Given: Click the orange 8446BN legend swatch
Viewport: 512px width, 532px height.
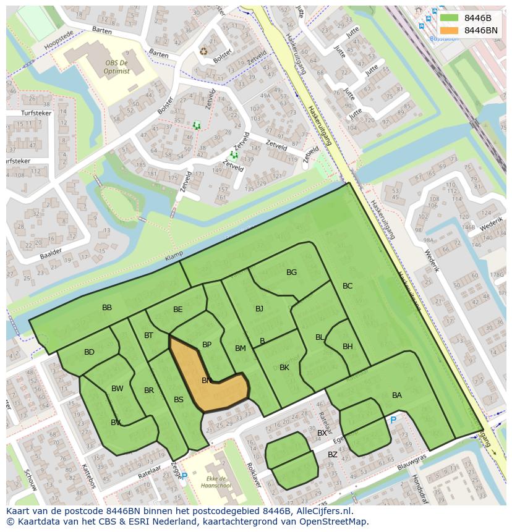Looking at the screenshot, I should coord(449,30).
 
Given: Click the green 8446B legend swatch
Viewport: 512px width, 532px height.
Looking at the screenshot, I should coord(449,18).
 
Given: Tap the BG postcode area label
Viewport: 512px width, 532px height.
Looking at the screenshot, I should coord(291,272).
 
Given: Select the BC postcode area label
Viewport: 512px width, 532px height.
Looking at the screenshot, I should coord(348,286).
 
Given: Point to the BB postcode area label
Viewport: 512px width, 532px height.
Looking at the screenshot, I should coord(107,308).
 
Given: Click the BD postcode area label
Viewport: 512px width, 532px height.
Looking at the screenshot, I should coord(89,352).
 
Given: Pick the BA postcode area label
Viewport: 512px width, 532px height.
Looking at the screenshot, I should coord(397,395).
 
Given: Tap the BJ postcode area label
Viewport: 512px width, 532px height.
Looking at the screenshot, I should coord(259,309).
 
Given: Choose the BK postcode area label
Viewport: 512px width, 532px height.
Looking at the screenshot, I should coord(284,368).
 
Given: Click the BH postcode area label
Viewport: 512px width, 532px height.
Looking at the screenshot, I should coord(348,347).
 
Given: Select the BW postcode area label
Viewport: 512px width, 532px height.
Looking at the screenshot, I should coord(117,389).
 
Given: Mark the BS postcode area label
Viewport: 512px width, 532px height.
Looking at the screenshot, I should coord(178,400).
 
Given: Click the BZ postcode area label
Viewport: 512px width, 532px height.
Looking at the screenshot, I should coord(333,455).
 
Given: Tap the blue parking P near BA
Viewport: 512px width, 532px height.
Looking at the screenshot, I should coord(393,420).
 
